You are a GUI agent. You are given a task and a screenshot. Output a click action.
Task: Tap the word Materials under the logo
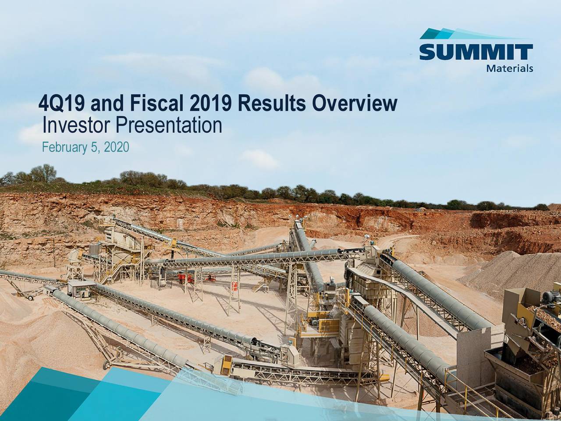tap(509, 68)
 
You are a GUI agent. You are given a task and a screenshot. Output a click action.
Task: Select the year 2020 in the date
tap(117, 148)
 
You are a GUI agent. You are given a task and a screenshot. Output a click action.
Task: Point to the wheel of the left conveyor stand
tap(30, 298)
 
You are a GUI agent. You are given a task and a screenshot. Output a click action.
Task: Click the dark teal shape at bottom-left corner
tap(26, 401)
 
